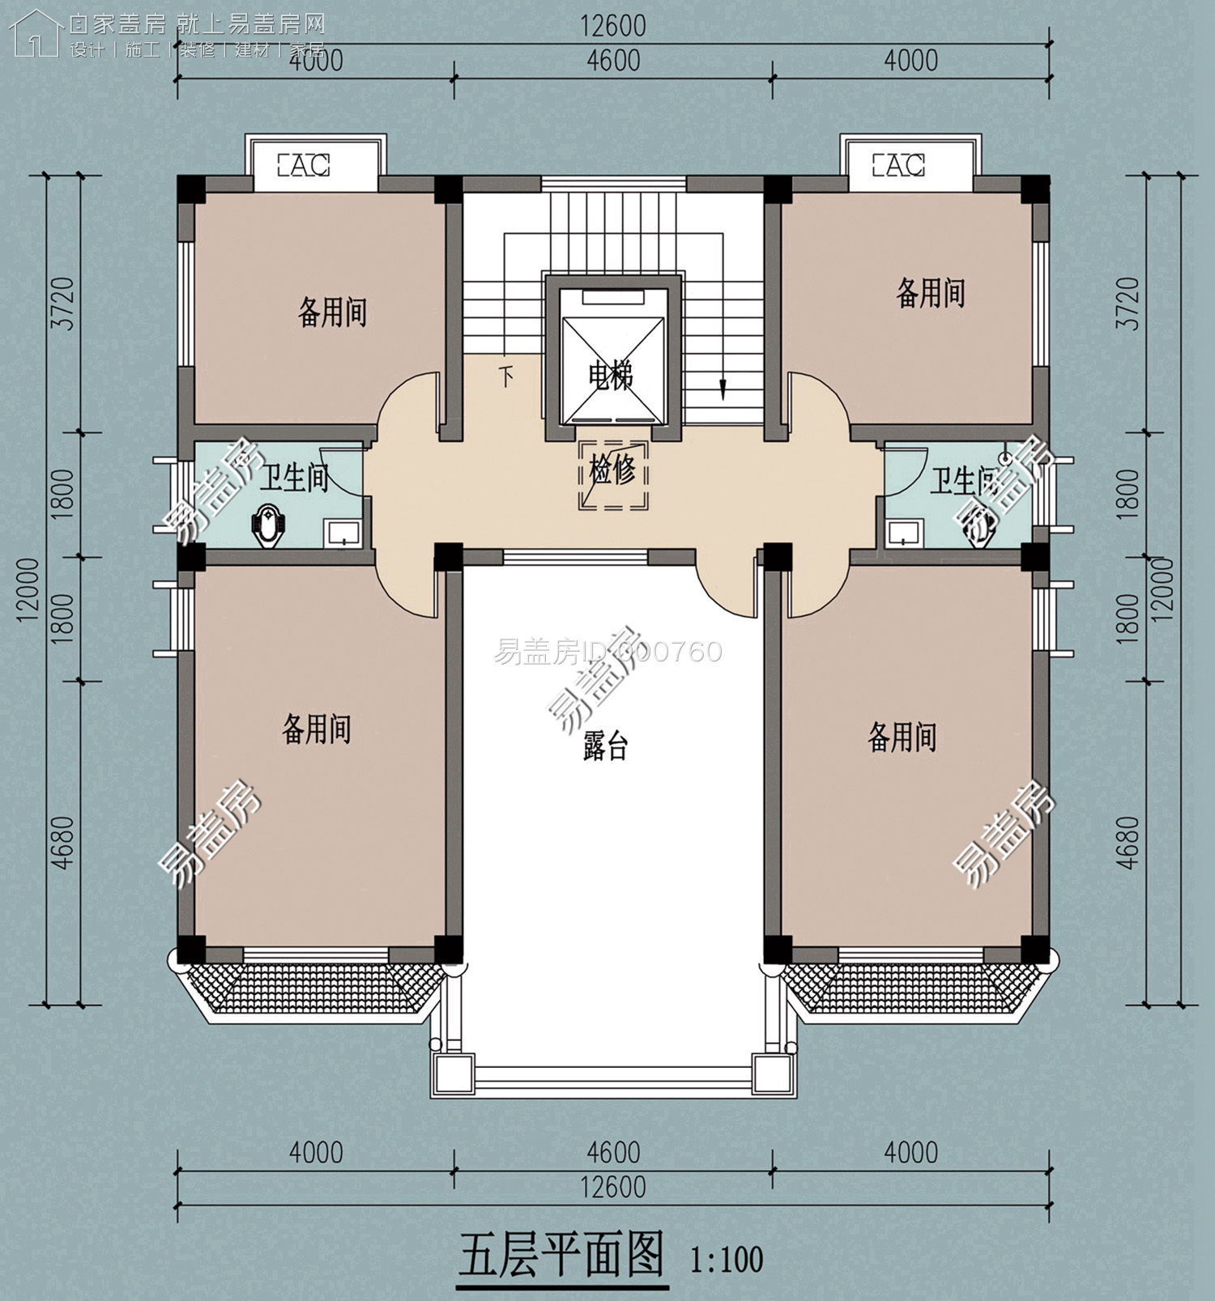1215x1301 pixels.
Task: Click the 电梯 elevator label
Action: point(611,376)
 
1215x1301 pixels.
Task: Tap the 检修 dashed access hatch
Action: point(613,474)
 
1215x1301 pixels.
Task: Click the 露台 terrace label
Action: point(605,746)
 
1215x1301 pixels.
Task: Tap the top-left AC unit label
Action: point(304,166)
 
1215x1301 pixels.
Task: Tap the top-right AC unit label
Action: point(898,166)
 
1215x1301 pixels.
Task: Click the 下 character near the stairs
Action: point(506,376)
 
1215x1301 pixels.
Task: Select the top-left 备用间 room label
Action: point(333,312)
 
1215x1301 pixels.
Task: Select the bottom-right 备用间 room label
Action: point(902,738)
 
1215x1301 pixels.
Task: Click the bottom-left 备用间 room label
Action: point(316,729)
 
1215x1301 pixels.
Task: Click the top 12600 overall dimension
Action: point(613,26)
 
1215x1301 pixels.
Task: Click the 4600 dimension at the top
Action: point(613,62)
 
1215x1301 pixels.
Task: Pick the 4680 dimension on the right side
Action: point(1128,842)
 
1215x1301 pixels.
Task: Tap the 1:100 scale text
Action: point(727,1260)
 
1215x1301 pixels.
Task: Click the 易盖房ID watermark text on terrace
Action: point(607,652)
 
